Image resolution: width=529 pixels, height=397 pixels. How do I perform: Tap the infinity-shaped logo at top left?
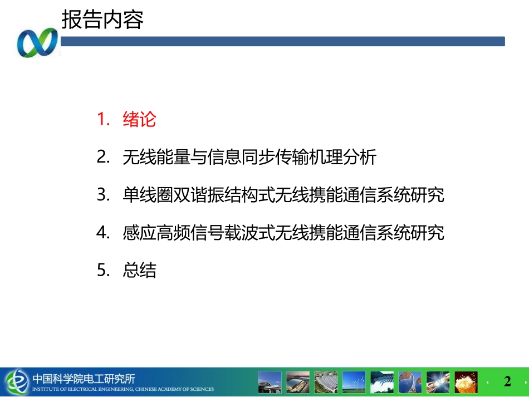[37, 42]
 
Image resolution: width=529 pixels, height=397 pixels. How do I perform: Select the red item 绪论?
[139, 119]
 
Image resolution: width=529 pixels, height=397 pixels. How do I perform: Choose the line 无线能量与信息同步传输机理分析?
[249, 157]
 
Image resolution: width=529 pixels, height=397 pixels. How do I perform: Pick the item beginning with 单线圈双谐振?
[283, 195]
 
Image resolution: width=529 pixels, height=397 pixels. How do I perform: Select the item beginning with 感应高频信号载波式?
[283, 233]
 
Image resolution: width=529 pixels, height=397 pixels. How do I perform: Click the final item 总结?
[139, 271]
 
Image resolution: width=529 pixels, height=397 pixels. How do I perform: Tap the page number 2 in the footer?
[507, 381]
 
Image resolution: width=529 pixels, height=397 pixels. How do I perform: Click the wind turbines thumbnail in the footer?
[354, 382]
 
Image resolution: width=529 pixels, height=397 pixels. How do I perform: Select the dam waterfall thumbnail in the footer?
[382, 382]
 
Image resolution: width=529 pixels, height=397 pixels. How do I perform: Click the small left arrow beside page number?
[488, 383]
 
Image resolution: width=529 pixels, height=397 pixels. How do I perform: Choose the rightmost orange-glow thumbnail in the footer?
[466, 382]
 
